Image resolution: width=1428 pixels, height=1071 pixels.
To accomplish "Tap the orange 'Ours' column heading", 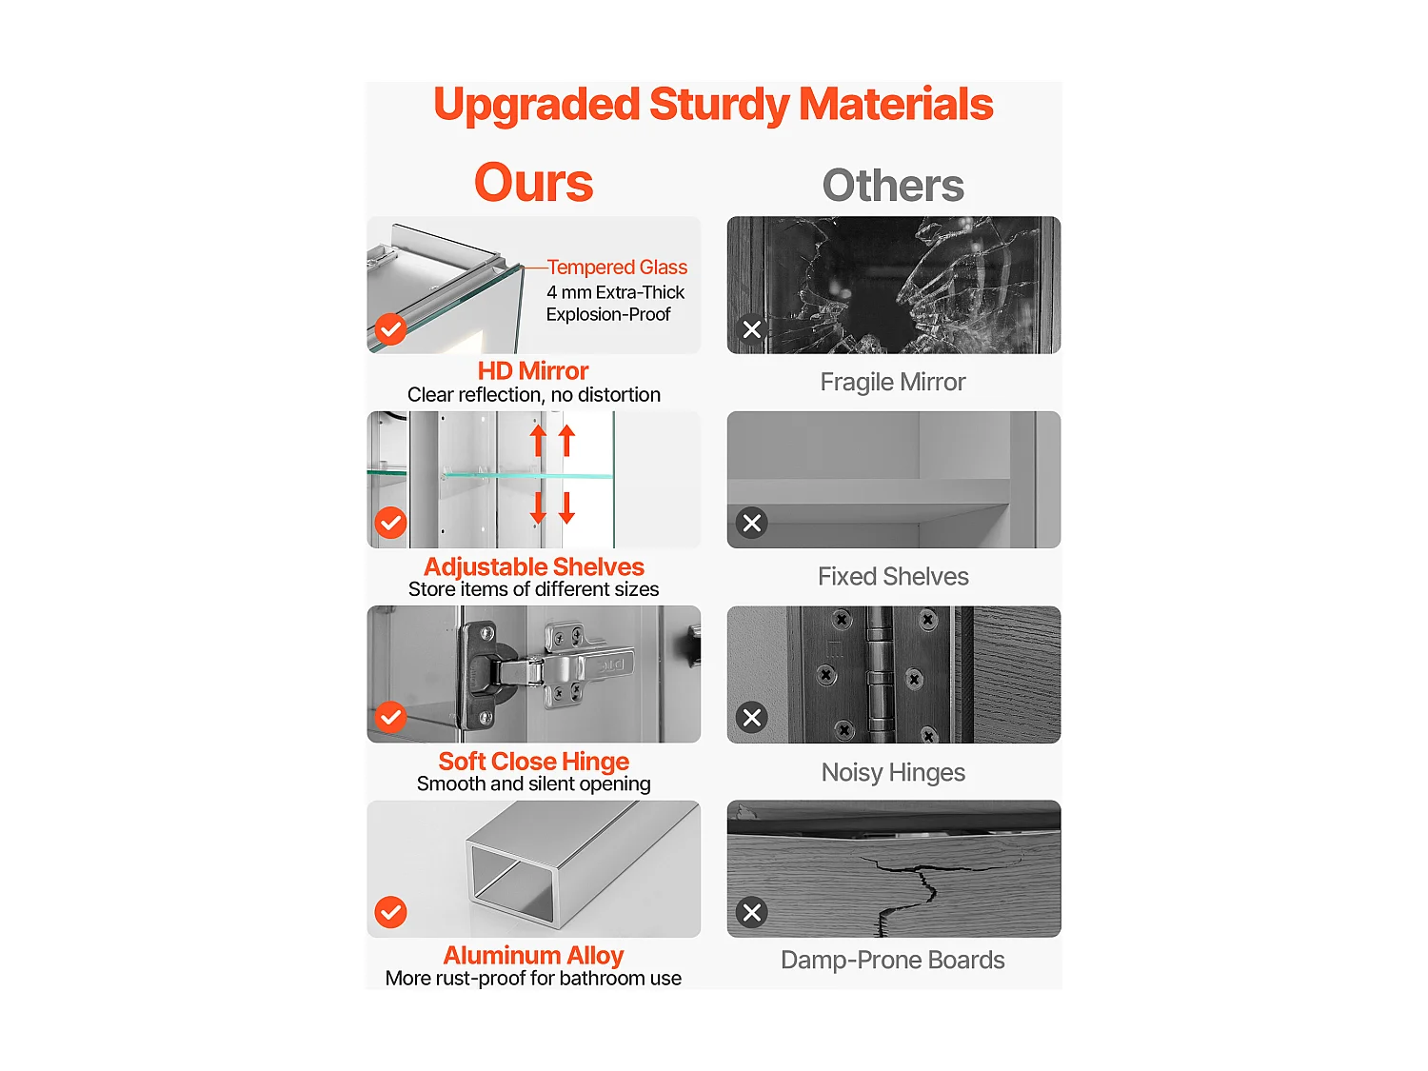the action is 533,182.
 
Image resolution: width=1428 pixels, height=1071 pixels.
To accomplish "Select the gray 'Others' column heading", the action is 893,186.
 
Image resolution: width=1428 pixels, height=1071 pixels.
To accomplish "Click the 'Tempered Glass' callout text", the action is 617,267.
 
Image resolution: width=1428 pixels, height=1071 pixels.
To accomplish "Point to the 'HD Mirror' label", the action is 533,370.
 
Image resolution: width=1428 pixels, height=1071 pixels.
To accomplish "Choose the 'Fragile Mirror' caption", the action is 893,382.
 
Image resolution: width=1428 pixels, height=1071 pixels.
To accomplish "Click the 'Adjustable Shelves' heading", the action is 533,566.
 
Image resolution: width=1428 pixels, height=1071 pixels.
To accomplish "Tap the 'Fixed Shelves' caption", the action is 893,576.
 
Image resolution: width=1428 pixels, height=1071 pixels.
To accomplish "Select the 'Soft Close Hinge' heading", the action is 533,761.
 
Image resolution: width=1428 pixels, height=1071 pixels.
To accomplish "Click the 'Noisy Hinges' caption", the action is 893,772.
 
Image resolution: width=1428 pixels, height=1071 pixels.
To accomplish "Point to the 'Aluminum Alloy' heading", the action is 533,955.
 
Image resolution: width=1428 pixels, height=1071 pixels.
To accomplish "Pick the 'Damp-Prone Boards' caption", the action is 893,960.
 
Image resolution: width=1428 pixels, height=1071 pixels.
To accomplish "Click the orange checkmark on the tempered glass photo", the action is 390,329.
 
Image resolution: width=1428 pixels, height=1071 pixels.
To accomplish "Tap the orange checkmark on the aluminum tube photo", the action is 390,912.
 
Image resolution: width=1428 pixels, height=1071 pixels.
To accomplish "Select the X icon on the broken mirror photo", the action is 751,329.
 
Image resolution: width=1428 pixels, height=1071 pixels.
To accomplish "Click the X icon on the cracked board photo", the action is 751,912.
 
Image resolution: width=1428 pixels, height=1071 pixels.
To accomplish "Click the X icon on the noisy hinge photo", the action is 751,718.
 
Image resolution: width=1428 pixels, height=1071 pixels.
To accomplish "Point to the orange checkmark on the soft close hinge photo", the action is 390,718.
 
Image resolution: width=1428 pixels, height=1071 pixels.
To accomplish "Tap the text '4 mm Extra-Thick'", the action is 615,292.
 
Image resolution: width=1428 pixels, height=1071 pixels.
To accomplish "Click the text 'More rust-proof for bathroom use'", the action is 533,978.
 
